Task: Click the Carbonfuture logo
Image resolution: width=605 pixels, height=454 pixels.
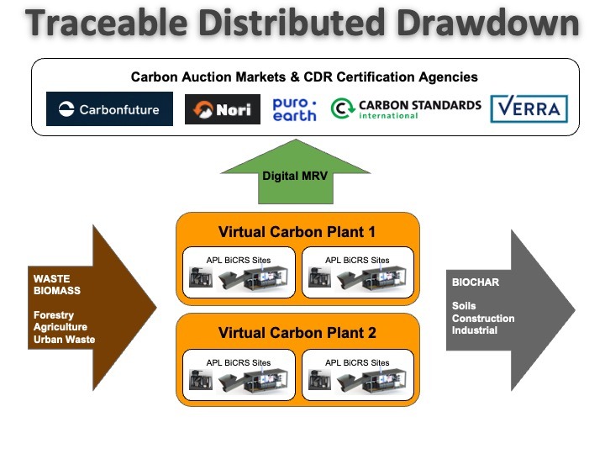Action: click(109, 108)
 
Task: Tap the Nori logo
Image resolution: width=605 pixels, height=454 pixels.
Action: click(223, 109)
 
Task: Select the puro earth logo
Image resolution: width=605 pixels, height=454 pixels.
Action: click(294, 109)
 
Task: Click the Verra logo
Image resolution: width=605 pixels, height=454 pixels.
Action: click(529, 108)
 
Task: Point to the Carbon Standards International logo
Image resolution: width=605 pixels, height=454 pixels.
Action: click(406, 108)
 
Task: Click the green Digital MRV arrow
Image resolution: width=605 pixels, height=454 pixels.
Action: click(296, 172)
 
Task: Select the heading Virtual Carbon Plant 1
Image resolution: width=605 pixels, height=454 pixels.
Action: click(297, 232)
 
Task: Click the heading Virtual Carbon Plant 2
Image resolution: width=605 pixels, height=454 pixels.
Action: click(297, 333)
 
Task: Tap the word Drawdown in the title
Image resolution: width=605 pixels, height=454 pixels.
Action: click(488, 23)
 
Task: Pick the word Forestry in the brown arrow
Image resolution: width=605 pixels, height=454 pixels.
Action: click(54, 315)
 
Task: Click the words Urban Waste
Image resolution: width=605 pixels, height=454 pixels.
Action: click(65, 340)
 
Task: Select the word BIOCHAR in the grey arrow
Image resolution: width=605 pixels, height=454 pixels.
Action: click(476, 282)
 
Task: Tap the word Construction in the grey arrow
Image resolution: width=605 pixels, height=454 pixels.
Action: click(483, 319)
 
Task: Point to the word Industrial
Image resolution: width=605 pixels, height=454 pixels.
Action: click(475, 330)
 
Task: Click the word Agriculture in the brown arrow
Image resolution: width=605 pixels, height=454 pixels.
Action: click(60, 327)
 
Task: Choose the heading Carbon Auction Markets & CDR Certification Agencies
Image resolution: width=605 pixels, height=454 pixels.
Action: click(304, 77)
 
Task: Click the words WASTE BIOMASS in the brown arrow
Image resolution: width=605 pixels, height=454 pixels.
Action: click(57, 284)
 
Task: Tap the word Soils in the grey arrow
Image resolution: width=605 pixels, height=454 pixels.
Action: click(464, 306)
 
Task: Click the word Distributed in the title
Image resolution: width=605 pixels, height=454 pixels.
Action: click(292, 23)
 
